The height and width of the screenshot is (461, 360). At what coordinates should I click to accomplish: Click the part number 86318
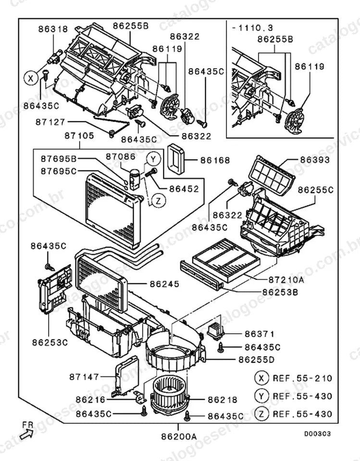(x=53, y=29)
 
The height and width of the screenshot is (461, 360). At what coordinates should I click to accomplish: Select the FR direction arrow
(x=27, y=434)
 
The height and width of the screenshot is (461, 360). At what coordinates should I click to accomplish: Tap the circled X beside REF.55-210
(x=261, y=378)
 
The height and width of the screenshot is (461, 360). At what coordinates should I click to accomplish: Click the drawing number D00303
(x=317, y=434)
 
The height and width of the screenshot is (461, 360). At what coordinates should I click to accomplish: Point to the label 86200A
(x=179, y=437)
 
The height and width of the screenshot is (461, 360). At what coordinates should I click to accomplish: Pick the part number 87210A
(x=286, y=279)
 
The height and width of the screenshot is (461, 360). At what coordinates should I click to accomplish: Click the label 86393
(x=315, y=160)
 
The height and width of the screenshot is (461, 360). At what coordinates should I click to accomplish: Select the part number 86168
(x=215, y=160)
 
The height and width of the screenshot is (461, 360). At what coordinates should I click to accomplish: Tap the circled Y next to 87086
(x=153, y=159)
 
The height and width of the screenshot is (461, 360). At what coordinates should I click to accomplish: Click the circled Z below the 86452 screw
(x=159, y=201)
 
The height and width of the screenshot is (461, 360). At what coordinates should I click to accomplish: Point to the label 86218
(x=223, y=400)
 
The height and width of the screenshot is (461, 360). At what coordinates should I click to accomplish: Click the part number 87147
(x=84, y=376)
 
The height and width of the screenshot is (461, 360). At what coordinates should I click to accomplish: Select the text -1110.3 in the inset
(x=252, y=28)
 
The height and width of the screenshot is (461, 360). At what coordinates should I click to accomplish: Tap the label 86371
(x=260, y=334)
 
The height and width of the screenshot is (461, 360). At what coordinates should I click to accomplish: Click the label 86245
(x=164, y=284)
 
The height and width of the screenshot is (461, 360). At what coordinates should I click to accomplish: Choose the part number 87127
(x=50, y=122)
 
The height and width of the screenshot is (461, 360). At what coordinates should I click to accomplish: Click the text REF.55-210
(x=303, y=378)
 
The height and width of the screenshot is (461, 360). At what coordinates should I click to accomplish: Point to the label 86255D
(x=256, y=360)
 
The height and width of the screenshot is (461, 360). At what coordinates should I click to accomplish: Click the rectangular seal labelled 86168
(x=176, y=159)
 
